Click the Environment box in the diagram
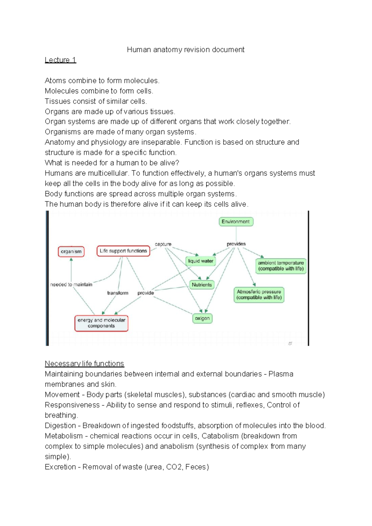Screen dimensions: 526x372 point(236,222)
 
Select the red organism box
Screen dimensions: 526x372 point(71,251)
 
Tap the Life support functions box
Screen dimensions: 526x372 point(123,251)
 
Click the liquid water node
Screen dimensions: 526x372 point(201,261)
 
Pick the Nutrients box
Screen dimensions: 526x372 point(202,285)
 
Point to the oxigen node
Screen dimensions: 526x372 point(202,318)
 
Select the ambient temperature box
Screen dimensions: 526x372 point(281,266)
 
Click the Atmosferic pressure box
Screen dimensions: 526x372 point(259,294)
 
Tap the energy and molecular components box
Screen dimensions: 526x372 point(101,323)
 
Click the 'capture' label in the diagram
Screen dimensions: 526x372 point(163,244)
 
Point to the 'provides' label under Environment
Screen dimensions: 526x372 point(236,244)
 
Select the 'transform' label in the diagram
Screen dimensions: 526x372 point(117,293)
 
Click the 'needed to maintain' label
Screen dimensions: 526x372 point(71,285)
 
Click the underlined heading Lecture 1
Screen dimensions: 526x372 point(60,60)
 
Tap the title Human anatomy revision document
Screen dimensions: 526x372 point(186,50)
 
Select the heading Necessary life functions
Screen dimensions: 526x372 point(84,364)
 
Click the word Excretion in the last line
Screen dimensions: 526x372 point(60,467)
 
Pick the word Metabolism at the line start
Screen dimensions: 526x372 point(64,436)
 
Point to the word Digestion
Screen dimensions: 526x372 point(60,426)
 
